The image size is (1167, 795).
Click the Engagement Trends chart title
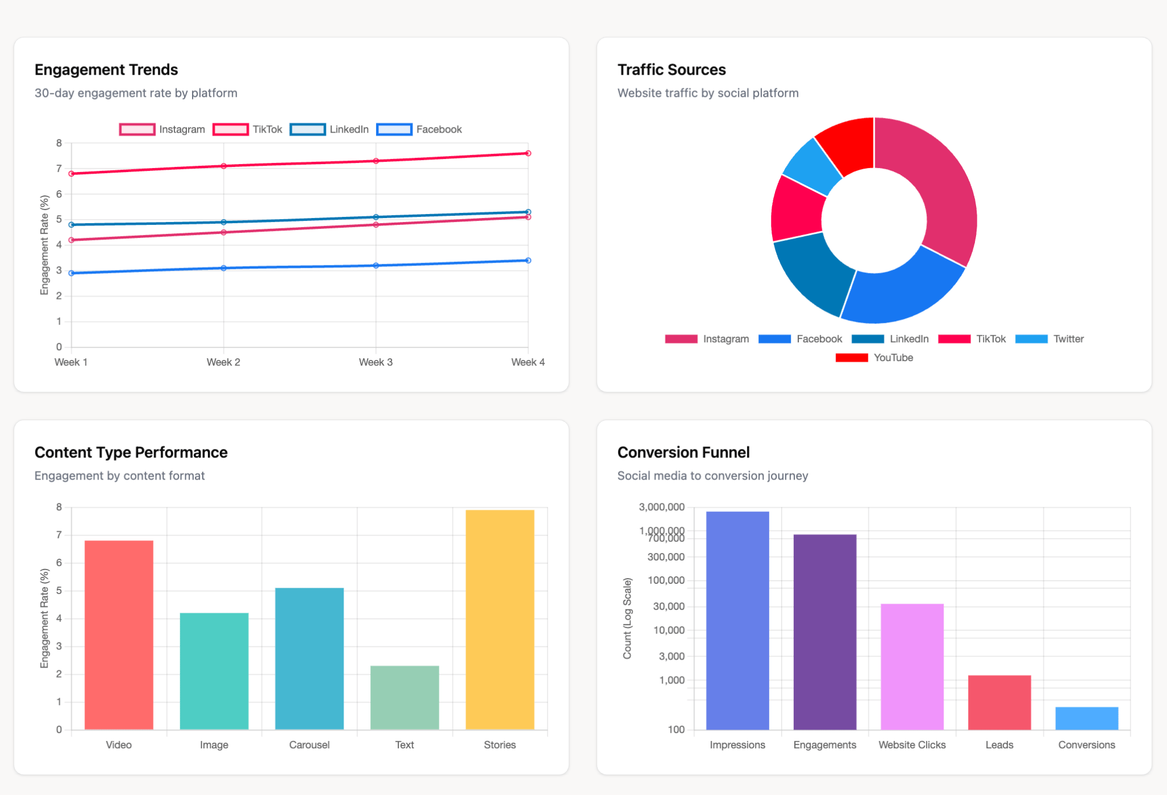pos(106,69)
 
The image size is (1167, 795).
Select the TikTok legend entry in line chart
pos(248,129)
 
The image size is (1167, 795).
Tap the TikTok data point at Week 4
pos(528,153)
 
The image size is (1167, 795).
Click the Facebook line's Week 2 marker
pos(223,268)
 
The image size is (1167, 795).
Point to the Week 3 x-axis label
pos(376,362)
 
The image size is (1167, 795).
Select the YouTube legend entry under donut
pos(874,358)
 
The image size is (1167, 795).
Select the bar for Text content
pos(405,698)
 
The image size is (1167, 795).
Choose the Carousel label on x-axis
pos(309,745)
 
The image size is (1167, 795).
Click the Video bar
pos(119,635)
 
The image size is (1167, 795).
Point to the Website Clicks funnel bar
pos(912,666)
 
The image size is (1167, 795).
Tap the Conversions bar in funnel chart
pos(1087,718)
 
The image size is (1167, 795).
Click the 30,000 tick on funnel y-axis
pos(668,607)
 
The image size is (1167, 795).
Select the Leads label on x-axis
pos(999,745)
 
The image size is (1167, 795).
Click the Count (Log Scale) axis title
pos(627,618)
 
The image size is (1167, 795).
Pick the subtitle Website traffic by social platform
pos(708,93)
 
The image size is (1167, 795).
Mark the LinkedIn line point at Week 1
pos(71,225)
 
